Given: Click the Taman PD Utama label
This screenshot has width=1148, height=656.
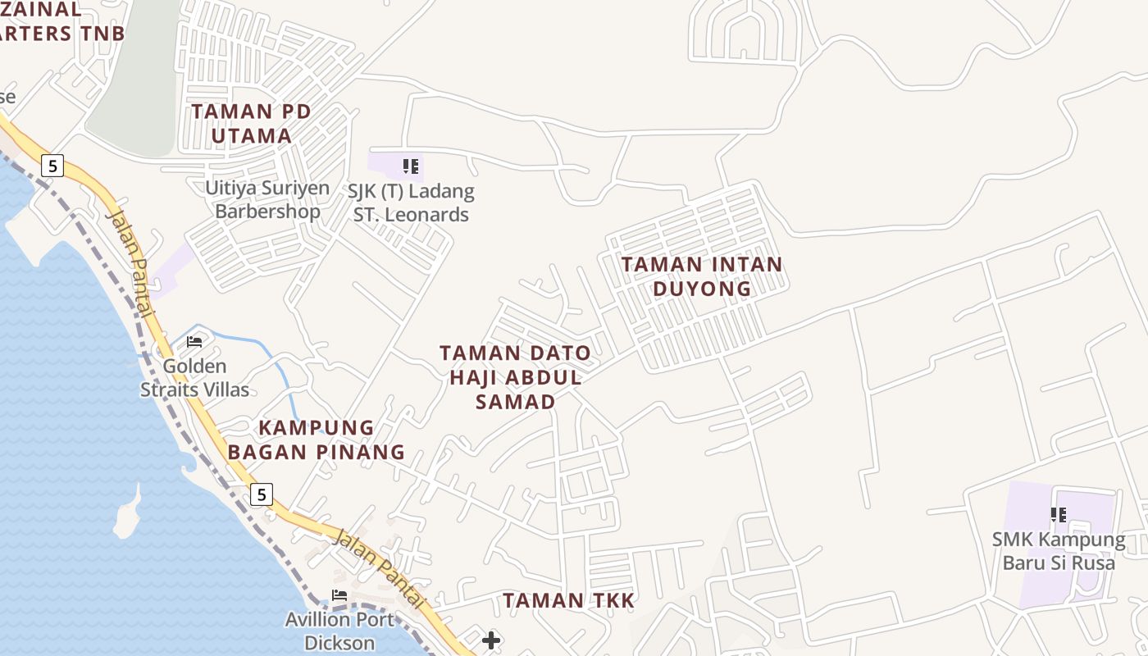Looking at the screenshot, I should [x=251, y=123].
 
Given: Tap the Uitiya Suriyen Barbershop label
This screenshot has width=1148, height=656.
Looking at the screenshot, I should [x=267, y=199].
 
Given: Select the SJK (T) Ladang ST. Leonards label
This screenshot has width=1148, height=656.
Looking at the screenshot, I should [x=411, y=203].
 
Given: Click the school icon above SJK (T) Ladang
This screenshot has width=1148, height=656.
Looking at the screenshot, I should [x=411, y=167].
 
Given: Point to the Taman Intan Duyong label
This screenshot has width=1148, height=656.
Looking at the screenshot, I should [x=702, y=276].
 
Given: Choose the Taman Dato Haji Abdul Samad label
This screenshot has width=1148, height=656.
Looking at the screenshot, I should [x=515, y=377].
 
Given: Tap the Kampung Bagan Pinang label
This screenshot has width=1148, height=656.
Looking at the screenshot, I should [x=317, y=440].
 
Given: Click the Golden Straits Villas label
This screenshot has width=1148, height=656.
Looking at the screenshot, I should [x=194, y=378].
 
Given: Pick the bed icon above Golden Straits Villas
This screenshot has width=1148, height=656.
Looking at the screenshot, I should [x=194, y=342].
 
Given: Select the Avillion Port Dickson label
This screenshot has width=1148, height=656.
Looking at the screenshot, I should [x=339, y=631].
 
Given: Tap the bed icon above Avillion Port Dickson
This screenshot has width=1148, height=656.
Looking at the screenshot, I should [x=339, y=595].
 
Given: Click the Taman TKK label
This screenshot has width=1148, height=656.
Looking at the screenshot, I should [x=569, y=600].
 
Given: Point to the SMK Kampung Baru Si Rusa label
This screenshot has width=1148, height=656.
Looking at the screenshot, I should [x=1059, y=551].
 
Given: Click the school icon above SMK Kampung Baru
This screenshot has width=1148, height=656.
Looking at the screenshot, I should [x=1059, y=515].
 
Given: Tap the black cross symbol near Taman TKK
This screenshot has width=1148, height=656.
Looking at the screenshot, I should [x=491, y=640].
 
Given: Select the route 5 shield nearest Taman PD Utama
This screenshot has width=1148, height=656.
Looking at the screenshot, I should [x=52, y=166].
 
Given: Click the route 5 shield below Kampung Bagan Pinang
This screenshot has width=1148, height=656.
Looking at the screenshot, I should [x=261, y=494].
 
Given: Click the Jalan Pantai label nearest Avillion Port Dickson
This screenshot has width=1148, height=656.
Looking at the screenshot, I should [x=380, y=568].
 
